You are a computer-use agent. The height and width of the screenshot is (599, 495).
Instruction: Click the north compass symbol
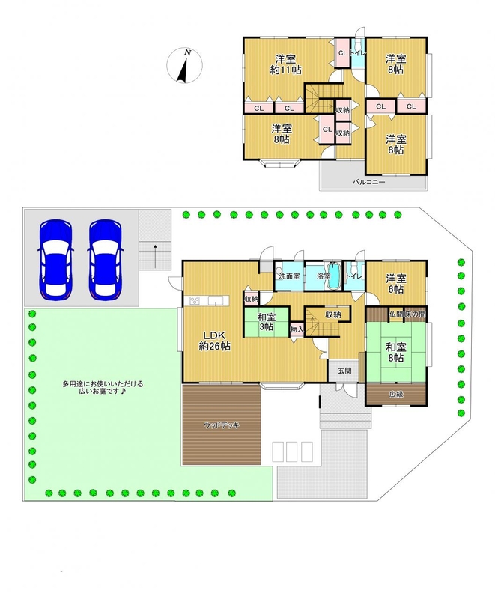coord(184,65)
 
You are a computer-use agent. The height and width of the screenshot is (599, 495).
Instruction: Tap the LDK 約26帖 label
coord(214,341)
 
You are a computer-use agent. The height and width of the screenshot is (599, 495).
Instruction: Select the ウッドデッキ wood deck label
coord(222,425)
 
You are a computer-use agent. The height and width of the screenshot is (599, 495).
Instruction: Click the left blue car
coord(55,259)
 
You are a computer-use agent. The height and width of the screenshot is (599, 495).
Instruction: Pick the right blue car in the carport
coord(106,259)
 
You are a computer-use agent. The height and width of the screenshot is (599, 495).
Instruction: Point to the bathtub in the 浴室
coord(335,276)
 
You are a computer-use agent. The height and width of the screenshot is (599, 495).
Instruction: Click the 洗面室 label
coord(289,276)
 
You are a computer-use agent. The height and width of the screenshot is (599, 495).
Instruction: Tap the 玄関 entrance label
coord(345,370)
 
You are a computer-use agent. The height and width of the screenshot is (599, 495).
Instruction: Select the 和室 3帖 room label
coord(266,322)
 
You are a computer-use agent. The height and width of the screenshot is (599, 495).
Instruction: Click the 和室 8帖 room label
coord(396,353)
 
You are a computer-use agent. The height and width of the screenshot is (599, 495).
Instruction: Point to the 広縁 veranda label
coord(396,395)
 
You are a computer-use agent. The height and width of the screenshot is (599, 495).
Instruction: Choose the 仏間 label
coord(395,314)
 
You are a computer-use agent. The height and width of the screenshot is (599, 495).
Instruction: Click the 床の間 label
coord(414,314)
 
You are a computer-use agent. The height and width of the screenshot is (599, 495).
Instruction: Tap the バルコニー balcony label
coord(368,182)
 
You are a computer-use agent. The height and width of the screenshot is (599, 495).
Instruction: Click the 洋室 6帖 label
coord(396,284)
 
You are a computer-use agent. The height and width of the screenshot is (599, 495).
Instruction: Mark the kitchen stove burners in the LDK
coord(194,301)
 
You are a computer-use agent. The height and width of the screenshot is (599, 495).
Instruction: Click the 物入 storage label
coord(297,329)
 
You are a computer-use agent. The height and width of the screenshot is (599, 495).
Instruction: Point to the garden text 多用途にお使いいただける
coord(103,384)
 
